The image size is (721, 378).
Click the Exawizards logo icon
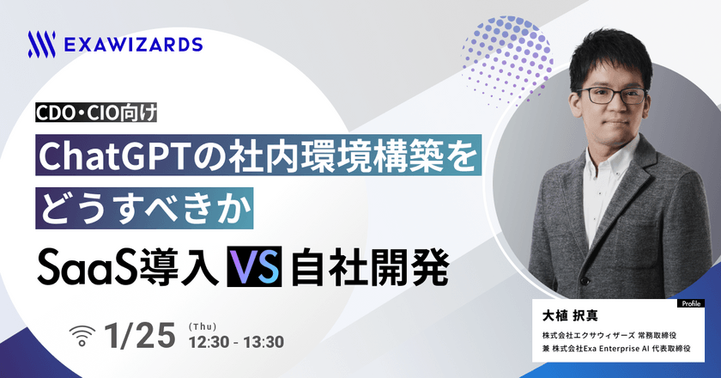coord(42,43)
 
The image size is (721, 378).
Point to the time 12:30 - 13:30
coord(238,341)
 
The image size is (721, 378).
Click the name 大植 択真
coord(566,314)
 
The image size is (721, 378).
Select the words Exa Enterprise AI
coord(627,351)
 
